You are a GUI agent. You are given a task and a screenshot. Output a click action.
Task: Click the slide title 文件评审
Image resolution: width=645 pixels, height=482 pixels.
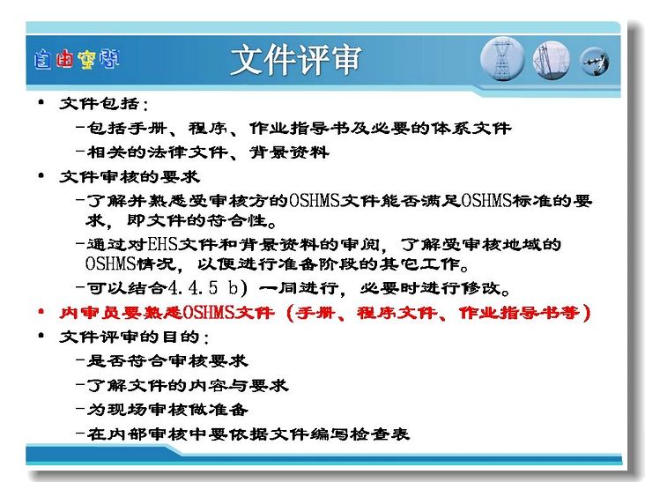click(296, 60)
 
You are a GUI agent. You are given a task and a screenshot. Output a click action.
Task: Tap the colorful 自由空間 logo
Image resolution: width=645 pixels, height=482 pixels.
click(77, 60)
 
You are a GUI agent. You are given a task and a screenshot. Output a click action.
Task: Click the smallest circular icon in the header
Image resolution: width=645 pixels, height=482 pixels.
click(595, 62)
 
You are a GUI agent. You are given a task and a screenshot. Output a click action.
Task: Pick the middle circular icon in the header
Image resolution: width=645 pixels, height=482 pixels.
click(552, 60)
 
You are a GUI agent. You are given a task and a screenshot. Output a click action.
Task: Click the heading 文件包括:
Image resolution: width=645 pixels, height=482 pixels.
click(104, 104)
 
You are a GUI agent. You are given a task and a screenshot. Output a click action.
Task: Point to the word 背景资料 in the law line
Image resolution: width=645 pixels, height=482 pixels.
click(289, 152)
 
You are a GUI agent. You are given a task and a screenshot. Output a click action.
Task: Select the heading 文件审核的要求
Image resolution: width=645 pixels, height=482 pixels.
click(130, 177)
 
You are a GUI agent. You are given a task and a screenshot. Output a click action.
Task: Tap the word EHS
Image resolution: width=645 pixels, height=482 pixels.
click(162, 245)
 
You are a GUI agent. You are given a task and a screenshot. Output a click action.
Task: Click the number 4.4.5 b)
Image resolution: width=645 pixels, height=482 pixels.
click(208, 288)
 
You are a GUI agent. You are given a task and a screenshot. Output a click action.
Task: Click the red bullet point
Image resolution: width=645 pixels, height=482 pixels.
click(41, 312)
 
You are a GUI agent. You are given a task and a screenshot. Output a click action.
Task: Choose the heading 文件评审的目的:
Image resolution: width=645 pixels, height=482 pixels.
click(134, 337)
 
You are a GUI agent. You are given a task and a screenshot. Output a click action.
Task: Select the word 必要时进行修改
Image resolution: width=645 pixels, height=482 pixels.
click(434, 288)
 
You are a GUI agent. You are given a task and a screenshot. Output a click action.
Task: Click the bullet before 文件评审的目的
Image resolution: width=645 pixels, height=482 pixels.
click(41, 336)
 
